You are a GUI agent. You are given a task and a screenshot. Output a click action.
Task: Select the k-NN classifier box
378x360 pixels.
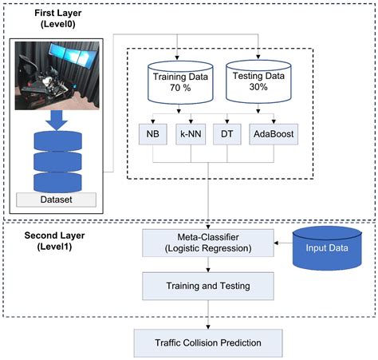point(190,135)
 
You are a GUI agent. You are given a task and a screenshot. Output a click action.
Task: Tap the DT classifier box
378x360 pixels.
point(226,135)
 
